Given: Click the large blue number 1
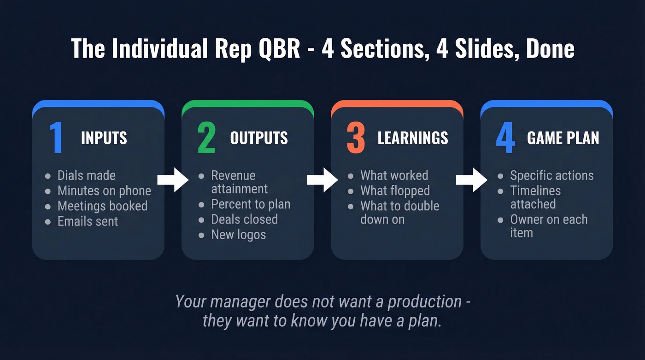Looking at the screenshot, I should (56, 138).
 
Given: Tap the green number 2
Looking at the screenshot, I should (206, 138).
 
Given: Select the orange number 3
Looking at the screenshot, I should (356, 138).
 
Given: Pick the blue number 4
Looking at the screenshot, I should (505, 138).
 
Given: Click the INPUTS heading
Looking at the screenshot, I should (104, 138).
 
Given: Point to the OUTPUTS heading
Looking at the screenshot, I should (259, 138).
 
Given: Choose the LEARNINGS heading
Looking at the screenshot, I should (412, 138).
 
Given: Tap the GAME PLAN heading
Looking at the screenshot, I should (563, 138).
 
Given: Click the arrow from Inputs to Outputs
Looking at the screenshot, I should (173, 180).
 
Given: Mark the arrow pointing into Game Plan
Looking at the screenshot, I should (471, 180).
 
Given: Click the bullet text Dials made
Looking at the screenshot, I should (86, 176).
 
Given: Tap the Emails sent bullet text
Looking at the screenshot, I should (88, 221).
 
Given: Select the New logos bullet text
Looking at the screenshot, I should (238, 235).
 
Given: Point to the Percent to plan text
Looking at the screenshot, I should (251, 204).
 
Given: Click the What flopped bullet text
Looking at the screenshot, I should (395, 191).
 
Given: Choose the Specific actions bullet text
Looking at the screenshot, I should (551, 176).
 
